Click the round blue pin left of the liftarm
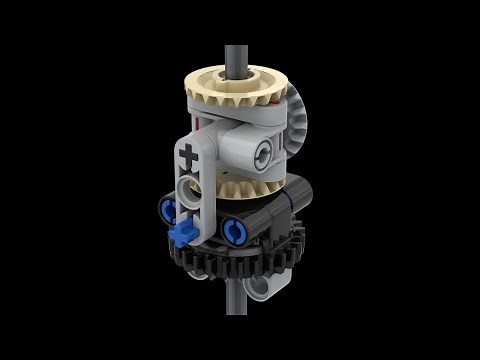pyautogui.click(x=166, y=209)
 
